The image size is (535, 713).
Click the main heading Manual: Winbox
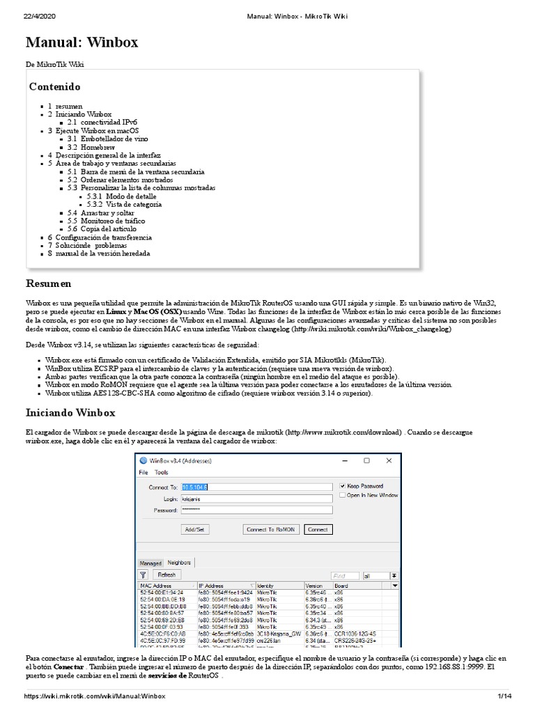82,42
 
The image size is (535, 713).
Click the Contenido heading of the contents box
54,87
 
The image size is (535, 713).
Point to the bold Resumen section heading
48,283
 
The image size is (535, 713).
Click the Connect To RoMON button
271,529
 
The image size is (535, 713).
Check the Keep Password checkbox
342,486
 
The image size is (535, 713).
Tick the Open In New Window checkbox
342,495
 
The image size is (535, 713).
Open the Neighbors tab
180,563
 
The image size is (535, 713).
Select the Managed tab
150,563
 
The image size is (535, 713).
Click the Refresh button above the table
166,574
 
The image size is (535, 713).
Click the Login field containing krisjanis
256,499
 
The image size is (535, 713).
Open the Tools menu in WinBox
161,472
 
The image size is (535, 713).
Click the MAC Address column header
157,586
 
